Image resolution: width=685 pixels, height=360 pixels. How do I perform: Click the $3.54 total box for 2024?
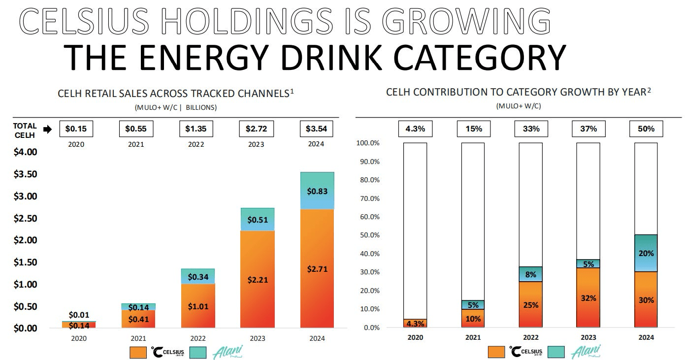[x=317, y=129]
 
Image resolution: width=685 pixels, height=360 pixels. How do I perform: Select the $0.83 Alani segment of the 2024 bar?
[x=317, y=191]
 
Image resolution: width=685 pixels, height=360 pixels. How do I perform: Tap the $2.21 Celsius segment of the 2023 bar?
[x=257, y=279]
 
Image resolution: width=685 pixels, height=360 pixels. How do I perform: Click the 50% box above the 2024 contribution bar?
[x=646, y=129]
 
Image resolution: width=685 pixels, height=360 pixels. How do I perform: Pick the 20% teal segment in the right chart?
[x=646, y=253]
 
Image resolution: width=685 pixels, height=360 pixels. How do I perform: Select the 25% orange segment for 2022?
[x=531, y=304]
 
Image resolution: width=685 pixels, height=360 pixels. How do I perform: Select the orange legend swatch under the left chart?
[x=137, y=352]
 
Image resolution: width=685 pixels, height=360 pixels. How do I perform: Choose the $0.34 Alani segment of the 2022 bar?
[x=197, y=276]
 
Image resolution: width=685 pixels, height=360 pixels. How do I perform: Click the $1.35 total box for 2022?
[x=196, y=129]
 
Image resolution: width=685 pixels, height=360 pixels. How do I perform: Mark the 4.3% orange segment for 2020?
[x=415, y=323]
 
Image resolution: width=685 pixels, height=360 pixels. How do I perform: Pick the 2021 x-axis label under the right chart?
[x=473, y=337]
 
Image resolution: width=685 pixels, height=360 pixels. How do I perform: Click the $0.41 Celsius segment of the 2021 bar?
[x=138, y=319]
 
